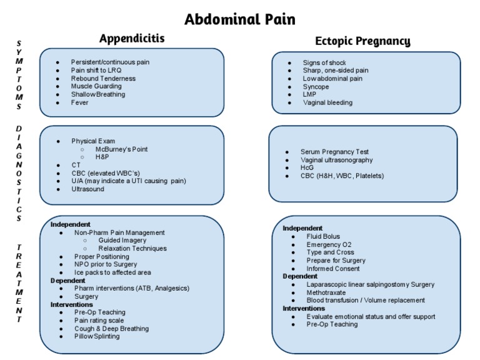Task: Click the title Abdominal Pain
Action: (240, 19)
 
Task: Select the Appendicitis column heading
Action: (132, 39)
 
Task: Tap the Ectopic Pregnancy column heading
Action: (362, 41)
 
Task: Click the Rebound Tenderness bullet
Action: (103, 79)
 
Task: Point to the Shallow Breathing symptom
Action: (98, 94)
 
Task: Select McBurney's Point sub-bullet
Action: (122, 149)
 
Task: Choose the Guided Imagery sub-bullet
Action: (122, 241)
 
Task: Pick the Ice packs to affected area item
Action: (112, 272)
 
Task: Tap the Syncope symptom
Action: (316, 87)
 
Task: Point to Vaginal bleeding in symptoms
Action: (327, 102)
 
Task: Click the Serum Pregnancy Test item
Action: (334, 152)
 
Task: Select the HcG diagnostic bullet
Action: (308, 168)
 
